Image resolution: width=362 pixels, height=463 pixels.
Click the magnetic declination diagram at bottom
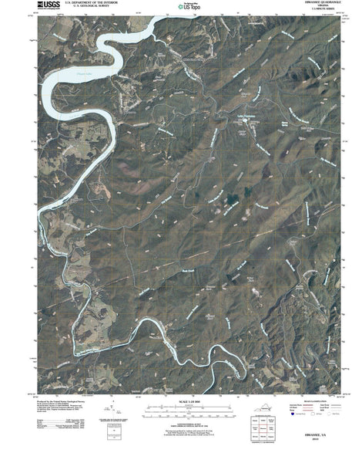point(114,413)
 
